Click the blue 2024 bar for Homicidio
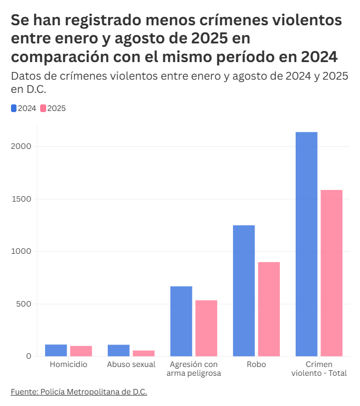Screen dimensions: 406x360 click(x=56, y=351)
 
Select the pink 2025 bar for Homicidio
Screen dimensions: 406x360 click(x=81, y=351)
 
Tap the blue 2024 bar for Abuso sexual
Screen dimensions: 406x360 click(x=119, y=351)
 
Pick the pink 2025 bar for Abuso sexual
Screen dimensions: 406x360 click(x=143, y=353)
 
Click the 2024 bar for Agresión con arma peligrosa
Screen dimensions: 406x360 click(x=181, y=321)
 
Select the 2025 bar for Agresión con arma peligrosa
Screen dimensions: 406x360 click(x=206, y=328)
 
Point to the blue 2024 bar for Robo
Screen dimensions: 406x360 click(x=244, y=291)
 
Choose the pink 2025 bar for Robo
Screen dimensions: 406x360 click(x=269, y=309)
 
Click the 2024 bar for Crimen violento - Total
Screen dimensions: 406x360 click(x=307, y=244)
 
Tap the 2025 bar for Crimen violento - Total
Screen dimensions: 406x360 click(x=331, y=273)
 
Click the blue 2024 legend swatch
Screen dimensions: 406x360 click(x=14, y=108)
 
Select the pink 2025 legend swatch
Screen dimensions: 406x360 click(x=43, y=108)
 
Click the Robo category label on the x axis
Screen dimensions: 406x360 click(x=256, y=364)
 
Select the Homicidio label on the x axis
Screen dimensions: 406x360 click(x=68, y=364)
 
